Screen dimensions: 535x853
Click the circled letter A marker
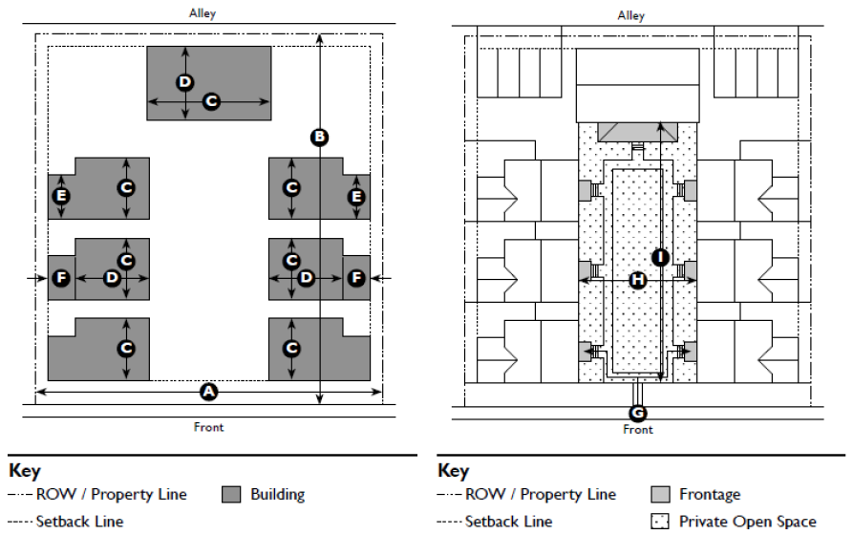click(208, 392)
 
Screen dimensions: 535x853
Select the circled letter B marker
click(320, 138)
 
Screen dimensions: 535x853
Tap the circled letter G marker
click(638, 413)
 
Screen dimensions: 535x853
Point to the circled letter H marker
click(638, 280)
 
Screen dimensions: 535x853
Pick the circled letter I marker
click(660, 256)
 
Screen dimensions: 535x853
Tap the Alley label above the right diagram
click(631, 15)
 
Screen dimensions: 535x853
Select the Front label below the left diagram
click(208, 427)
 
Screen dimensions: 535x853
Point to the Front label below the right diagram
click(638, 430)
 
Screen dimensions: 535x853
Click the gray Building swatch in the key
click(231, 495)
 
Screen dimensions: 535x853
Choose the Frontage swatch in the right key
click(660, 495)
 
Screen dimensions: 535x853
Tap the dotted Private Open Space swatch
click(660, 522)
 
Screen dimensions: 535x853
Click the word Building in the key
click(278, 495)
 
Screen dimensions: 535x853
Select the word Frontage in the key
click(710, 495)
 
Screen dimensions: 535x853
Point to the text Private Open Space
click(748, 522)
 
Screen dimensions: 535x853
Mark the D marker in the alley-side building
click(185, 82)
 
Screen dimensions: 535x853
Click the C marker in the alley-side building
click(212, 100)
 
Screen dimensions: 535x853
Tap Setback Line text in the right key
click(508, 522)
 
